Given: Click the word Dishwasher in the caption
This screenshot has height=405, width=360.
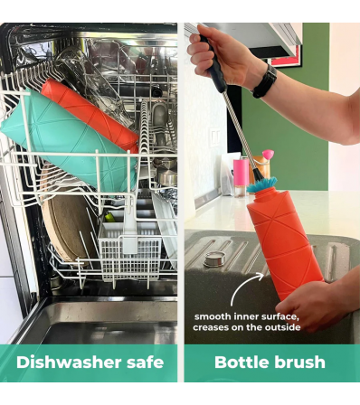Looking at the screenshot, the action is click(x=69, y=362).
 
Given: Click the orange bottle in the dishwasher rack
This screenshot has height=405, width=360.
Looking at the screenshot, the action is click(x=90, y=115).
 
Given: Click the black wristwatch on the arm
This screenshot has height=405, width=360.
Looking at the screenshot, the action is click(x=264, y=81).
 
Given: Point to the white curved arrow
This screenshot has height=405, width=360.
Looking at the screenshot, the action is click(x=242, y=283).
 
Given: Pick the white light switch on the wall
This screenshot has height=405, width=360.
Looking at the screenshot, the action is click(x=215, y=137).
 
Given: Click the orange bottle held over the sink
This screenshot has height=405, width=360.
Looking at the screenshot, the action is click(x=283, y=244).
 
